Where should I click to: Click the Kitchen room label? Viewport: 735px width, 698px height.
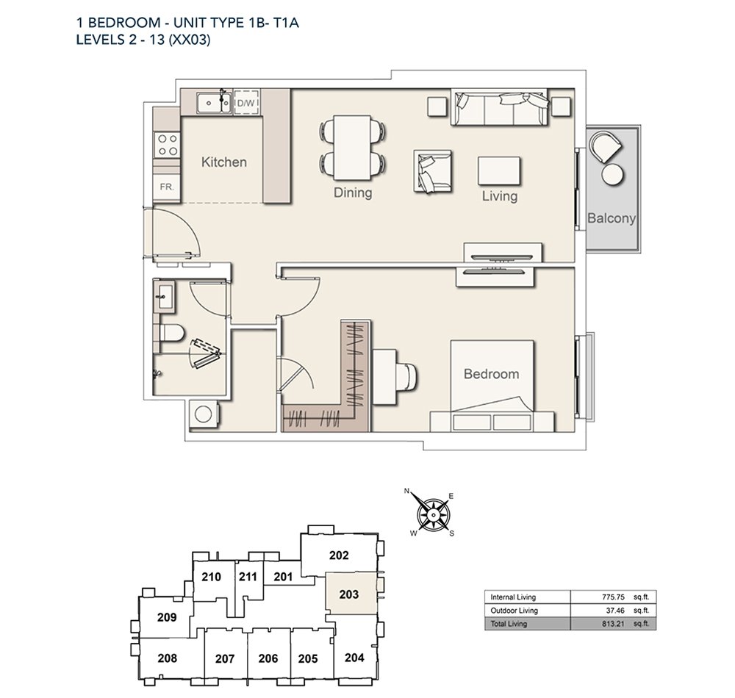pos(224,162)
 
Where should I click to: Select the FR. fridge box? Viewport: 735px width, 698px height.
pos(167,187)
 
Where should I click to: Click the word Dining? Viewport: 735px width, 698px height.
pos(353,193)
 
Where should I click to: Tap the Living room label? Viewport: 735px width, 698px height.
pos(500,196)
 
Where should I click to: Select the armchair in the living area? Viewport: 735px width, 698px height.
pos(431,172)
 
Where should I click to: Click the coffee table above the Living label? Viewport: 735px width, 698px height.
pos(500,170)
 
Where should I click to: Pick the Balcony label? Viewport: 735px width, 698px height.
pos(612,218)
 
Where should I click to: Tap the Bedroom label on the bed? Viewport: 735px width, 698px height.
pos(491,374)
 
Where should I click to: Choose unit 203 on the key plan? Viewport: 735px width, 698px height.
pos(349,594)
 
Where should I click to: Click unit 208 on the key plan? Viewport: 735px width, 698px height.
pos(168,658)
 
